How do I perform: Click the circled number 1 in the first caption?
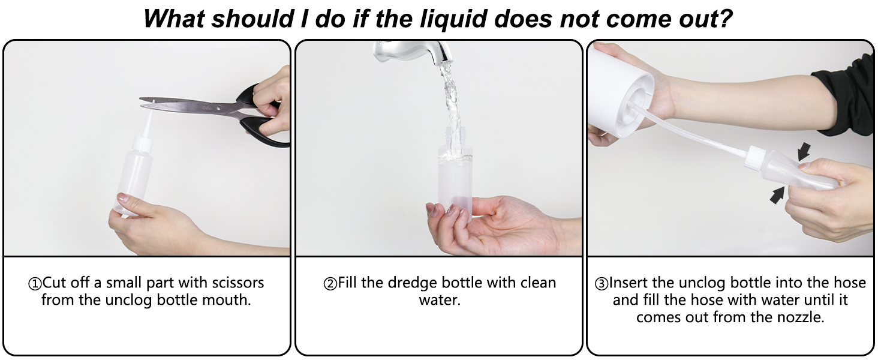(35, 284)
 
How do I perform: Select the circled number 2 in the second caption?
(330, 284)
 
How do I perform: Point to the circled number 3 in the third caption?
(602, 284)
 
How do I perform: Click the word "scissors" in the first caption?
(237, 283)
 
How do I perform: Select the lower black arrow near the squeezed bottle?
(777, 195)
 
